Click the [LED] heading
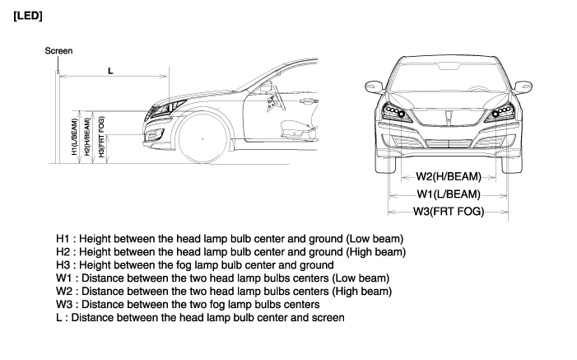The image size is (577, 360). point(28,16)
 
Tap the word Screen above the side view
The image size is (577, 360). point(59,51)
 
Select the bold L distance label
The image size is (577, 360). point(110,71)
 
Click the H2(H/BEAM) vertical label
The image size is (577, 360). point(87,136)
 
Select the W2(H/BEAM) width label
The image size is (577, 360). point(448,175)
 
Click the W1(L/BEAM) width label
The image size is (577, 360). point(448,194)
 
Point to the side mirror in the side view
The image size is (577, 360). point(275,96)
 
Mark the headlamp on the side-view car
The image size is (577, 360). point(170,107)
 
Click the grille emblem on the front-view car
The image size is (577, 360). point(449,117)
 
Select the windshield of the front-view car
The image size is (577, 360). point(449,77)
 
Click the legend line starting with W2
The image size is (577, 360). point(223,291)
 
